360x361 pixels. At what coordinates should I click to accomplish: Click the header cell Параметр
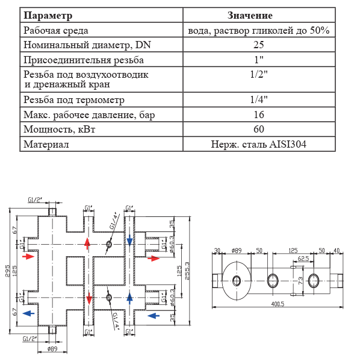pos(48,15)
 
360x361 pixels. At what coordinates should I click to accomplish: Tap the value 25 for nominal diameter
pos(259,45)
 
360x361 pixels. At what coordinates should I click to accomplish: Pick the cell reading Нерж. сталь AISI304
pos(259,144)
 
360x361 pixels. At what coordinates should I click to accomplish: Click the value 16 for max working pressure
pos(259,115)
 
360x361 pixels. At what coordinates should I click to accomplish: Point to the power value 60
pos(259,129)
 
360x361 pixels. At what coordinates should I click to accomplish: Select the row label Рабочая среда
pos(55,30)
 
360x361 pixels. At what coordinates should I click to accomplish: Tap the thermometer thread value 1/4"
pos(259,99)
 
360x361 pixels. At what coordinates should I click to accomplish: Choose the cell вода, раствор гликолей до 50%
pos(259,30)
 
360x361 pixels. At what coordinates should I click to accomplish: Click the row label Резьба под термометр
pos(73,99)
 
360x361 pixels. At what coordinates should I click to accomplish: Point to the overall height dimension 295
pos(8,270)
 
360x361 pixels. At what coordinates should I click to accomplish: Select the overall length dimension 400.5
pos(277,305)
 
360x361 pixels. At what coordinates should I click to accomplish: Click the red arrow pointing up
pos(88,243)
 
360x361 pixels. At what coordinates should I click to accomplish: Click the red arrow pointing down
pos(88,298)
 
